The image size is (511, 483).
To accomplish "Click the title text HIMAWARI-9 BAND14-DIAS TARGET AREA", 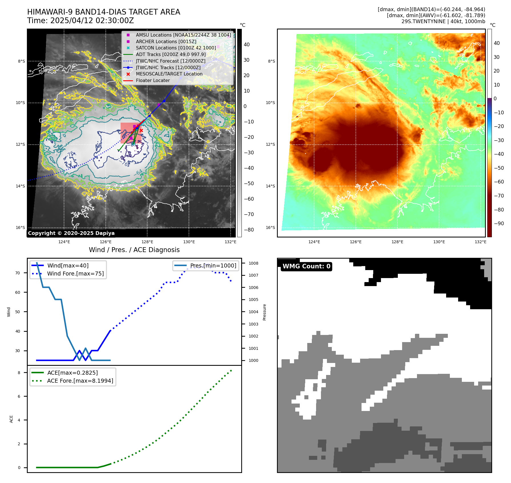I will click(103, 12).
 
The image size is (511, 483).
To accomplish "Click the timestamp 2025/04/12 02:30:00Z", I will click(92, 21).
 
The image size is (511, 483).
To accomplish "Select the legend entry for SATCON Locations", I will click(175, 48).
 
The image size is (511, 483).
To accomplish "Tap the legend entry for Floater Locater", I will click(153, 81).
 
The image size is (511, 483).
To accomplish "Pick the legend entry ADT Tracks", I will click(171, 54).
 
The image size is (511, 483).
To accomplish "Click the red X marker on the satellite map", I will click(141, 131).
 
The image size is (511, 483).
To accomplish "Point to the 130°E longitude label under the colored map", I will click(439, 242).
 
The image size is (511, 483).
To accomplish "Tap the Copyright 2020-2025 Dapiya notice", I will click(71, 233).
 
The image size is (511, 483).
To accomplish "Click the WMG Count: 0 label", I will click(306, 266).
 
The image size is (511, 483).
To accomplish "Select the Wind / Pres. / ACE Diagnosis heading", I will click(134, 250).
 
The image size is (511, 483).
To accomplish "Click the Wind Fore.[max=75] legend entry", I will click(75, 274).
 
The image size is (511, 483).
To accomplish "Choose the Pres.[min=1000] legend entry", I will click(213, 266).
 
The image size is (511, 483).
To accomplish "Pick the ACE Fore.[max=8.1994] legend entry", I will click(80, 381).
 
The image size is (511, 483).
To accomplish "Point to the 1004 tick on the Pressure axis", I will click(253, 312).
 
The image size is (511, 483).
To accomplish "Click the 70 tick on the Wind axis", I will click(18, 273).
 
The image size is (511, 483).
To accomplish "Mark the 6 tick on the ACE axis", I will click(19, 396).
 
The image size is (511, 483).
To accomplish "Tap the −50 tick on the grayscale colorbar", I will click(249, 183).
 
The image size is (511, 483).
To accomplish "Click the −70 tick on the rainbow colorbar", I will click(499, 196).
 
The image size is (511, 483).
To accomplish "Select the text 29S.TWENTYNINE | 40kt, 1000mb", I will click(443, 21).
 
